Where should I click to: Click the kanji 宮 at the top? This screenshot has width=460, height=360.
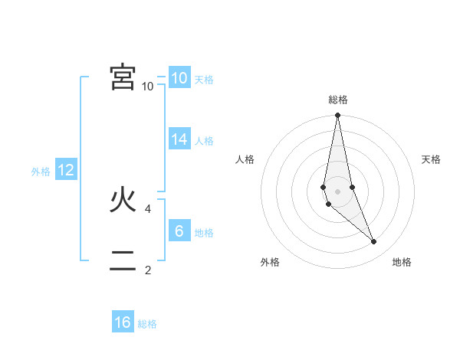click(123, 77)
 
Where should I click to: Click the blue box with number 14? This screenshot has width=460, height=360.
click(179, 139)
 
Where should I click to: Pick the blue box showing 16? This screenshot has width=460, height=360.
click(123, 322)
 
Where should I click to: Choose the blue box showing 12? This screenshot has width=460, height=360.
click(66, 170)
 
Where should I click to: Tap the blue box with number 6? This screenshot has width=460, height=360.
click(179, 231)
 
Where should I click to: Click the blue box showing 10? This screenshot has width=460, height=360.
click(179, 77)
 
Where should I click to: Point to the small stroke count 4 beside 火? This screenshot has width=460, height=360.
click(148, 208)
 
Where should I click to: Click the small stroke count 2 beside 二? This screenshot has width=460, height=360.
click(148, 270)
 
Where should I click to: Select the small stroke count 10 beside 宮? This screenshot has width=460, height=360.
click(148, 87)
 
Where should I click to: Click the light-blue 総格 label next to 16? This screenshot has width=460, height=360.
click(147, 324)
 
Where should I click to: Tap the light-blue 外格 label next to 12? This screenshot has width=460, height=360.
click(41, 172)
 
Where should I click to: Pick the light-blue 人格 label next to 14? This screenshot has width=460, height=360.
click(204, 141)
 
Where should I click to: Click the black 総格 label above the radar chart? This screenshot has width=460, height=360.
click(338, 100)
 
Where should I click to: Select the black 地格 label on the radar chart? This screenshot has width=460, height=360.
click(402, 263)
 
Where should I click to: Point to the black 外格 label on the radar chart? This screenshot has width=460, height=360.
click(270, 263)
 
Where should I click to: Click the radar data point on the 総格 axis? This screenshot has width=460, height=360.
click(337, 116)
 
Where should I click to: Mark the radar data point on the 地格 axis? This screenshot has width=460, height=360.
click(374, 241)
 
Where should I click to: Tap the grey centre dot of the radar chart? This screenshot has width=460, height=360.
click(337, 191)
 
